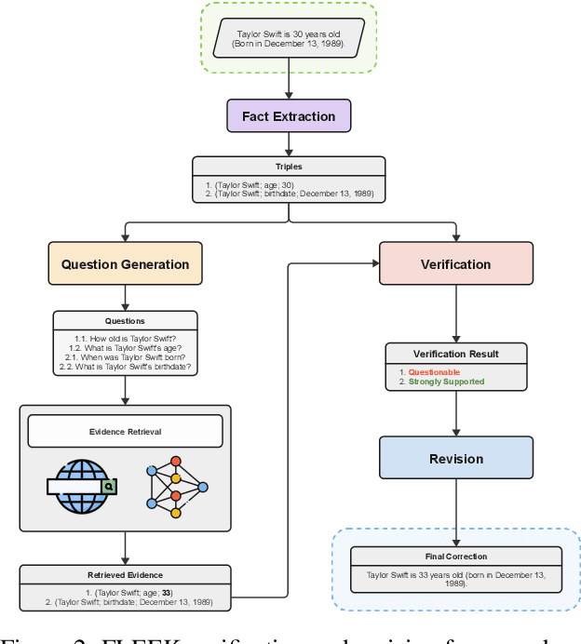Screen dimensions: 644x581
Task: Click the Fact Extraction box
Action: pos(289,116)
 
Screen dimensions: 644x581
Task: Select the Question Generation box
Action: pos(125,264)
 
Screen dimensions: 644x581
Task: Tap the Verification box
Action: pos(455,264)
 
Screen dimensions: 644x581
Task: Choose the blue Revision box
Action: pos(455,459)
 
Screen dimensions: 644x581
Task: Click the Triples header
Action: pos(289,167)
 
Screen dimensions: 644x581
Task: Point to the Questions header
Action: pos(125,321)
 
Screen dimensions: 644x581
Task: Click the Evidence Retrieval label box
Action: pos(125,431)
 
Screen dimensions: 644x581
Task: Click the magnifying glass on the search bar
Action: pos(109,486)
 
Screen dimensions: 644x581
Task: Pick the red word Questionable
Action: pos(434,372)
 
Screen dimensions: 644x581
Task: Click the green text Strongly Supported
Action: pos(446,382)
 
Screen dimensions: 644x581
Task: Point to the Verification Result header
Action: pos(455,354)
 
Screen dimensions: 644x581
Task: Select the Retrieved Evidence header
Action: pos(125,575)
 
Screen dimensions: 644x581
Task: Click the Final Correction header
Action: pos(455,557)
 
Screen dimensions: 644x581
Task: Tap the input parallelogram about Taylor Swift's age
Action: pos(289,38)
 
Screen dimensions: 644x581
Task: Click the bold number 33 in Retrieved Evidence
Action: pos(167,593)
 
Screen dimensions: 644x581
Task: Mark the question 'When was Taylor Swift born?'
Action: pos(125,356)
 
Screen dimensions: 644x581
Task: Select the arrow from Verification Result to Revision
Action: pos(455,413)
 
